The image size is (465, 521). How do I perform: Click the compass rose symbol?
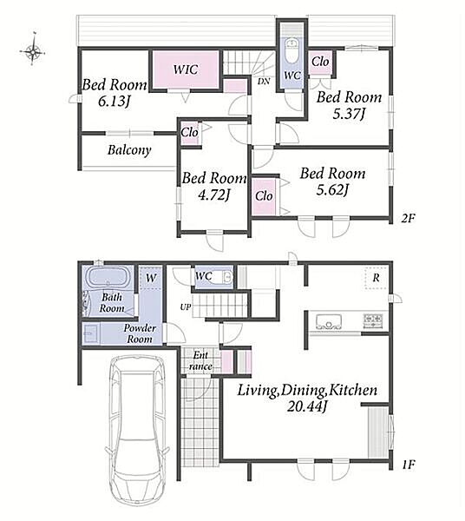point(33,50)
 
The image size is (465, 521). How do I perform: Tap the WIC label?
point(186,69)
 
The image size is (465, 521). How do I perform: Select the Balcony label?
point(129,150)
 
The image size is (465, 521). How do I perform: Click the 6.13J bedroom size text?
point(114,101)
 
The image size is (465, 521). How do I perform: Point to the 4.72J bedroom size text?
point(213,195)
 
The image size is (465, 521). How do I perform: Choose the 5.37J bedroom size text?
point(349,114)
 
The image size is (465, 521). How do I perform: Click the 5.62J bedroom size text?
point(332,190)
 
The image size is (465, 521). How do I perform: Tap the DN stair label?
point(264,81)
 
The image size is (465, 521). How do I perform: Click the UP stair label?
point(185,307)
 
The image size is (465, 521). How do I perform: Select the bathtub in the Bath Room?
point(108,277)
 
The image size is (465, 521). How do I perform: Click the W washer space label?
point(151,278)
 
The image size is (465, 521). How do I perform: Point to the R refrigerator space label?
point(376,278)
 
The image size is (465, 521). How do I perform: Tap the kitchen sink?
point(329,321)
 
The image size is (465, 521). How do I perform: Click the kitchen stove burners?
point(373,321)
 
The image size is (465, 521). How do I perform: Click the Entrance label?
point(200,361)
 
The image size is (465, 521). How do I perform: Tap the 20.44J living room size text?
point(307,406)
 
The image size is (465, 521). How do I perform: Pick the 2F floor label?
point(408,219)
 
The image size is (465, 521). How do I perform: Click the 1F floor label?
point(409,465)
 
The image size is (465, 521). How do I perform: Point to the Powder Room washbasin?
point(90,333)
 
